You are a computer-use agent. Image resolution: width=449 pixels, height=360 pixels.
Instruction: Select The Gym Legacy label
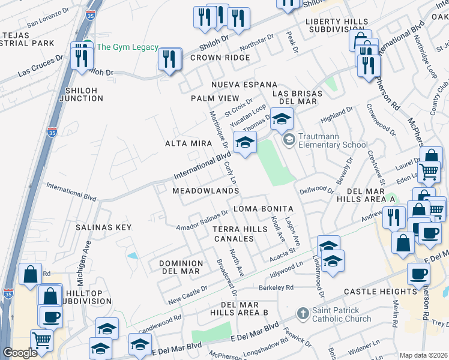tap(127, 47)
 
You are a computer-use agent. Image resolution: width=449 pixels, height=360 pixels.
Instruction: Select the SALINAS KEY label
tap(103, 227)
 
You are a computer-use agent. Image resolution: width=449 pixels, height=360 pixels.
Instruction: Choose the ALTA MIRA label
tap(188, 143)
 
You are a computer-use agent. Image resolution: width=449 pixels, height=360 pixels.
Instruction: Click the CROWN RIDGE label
tap(220, 58)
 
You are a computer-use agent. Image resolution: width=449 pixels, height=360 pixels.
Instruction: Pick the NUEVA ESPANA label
tap(244, 85)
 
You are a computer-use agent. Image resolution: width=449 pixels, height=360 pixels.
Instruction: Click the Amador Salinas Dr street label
tap(202, 220)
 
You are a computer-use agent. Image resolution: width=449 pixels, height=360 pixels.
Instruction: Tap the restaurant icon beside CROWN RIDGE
tap(170, 59)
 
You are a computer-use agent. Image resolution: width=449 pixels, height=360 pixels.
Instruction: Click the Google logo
tap(19, 352)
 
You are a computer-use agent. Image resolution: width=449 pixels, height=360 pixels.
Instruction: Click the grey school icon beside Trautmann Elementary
tap(289, 140)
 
